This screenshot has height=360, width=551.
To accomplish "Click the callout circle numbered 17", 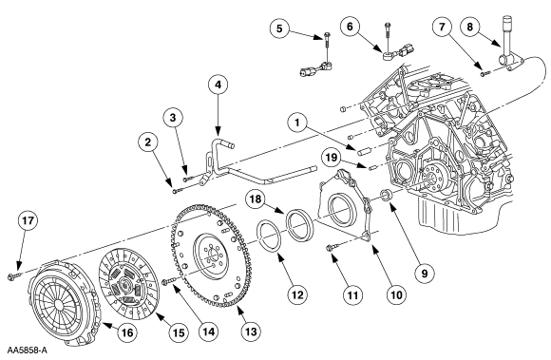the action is pyautogui.click(x=28, y=220).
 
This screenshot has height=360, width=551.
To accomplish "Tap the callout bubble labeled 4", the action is pyautogui.click(x=218, y=85).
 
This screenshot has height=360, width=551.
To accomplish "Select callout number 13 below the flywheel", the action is pyautogui.click(x=251, y=332).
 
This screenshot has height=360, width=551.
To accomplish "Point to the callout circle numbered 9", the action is pyautogui.click(x=425, y=273).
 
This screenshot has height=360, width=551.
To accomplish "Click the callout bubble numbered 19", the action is pyautogui.click(x=331, y=157).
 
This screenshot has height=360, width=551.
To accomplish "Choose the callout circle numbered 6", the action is pyautogui.click(x=350, y=27).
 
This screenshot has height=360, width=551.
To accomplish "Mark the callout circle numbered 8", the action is pyautogui.click(x=470, y=27).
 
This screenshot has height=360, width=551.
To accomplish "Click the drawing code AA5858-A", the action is pyautogui.click(x=27, y=351).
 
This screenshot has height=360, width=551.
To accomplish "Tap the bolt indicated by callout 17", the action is pyautogui.click(x=13, y=276).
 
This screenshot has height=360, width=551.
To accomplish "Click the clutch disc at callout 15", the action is pyautogui.click(x=129, y=284).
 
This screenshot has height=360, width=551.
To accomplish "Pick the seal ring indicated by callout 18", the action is pyautogui.click(x=299, y=225).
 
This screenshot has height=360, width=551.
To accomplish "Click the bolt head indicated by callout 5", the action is pyautogui.click(x=327, y=35).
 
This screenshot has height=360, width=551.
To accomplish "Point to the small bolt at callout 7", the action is pyautogui.click(x=485, y=73).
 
